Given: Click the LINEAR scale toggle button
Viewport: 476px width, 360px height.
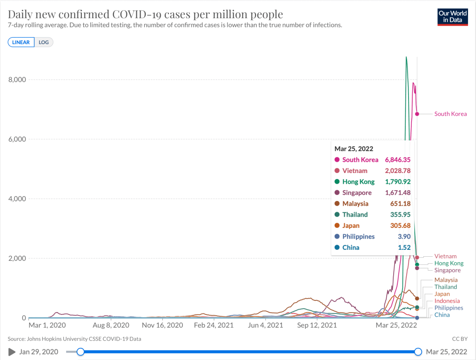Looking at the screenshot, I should [21, 42].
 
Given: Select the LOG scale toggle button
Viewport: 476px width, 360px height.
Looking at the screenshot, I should [44, 42].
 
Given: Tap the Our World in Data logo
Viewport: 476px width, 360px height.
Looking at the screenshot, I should [452, 16].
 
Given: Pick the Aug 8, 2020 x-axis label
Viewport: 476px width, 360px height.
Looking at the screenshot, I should [111, 326].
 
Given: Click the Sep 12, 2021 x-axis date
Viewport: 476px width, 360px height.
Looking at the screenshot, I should [317, 326].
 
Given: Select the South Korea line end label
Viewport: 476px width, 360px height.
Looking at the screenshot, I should [450, 114].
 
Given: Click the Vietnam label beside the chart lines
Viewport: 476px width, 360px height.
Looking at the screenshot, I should [445, 256].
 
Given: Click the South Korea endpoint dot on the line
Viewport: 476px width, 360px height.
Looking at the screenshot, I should [417, 114].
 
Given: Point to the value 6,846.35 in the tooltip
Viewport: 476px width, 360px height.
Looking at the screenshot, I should [396, 160].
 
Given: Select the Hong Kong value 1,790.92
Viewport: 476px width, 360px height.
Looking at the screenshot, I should [396, 181].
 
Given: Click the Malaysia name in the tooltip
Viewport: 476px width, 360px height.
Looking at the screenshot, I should [355, 204].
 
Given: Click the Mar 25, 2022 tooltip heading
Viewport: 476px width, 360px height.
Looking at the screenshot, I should [354, 149].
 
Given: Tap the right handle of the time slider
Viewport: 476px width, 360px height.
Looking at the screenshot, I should [418, 352].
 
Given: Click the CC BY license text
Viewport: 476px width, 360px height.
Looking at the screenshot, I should [459, 339].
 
